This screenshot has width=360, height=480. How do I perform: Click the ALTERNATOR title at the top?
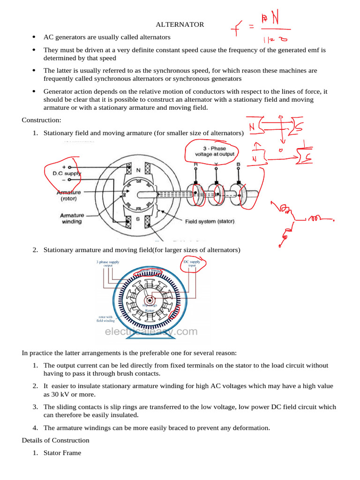(x=180, y=24)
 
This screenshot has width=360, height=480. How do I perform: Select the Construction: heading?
(x=42, y=120)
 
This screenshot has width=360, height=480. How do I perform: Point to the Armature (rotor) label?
(x=69, y=195)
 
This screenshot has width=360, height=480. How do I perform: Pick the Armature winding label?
(x=72, y=218)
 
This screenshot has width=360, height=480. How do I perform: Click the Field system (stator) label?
(x=210, y=221)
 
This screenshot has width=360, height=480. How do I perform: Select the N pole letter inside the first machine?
(x=138, y=171)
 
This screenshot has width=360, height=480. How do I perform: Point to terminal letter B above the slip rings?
(x=239, y=165)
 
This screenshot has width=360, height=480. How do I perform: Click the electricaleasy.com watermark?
(x=151, y=331)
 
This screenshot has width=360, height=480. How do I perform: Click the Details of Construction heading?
(x=55, y=440)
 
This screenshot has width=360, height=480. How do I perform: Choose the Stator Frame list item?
(x=62, y=453)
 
